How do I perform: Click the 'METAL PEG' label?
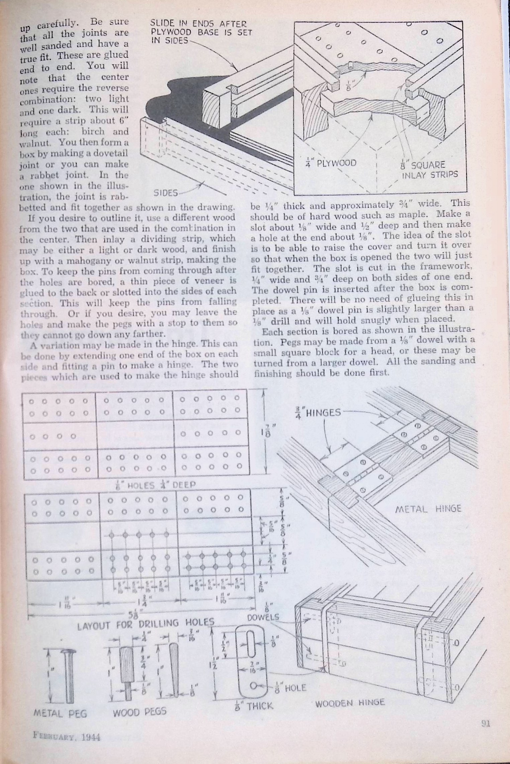pyautogui.click(x=60, y=713)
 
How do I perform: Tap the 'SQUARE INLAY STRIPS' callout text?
pyautogui.click(x=428, y=170)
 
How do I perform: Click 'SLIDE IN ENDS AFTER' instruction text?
pyautogui.click(x=198, y=24)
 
